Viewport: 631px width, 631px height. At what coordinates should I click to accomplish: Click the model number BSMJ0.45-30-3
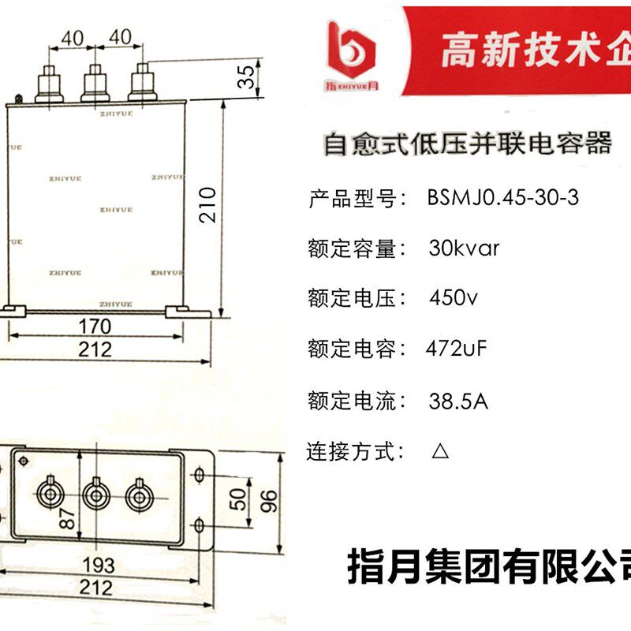tap(503, 198)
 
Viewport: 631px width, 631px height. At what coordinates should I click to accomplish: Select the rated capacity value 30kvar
tap(464, 248)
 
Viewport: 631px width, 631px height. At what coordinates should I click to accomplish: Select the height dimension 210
tap(207, 205)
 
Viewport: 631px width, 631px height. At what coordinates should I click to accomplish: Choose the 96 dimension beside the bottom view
tap(271, 498)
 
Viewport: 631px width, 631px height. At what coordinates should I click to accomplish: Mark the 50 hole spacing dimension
tap(234, 499)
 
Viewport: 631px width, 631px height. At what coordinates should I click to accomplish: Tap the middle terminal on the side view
tap(96, 82)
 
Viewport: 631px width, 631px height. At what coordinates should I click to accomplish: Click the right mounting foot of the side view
tap(188, 312)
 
